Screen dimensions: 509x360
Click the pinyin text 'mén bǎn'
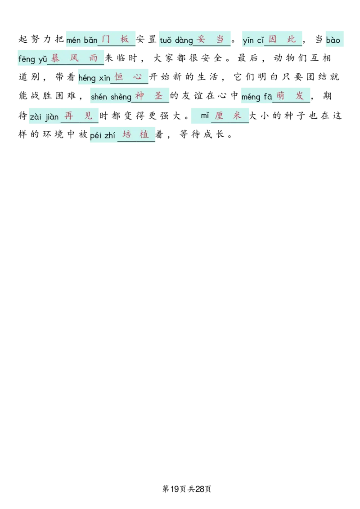(x=81, y=40)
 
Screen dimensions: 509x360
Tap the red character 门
(x=106, y=39)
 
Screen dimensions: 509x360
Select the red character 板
(x=125, y=39)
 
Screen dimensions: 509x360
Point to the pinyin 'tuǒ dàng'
(x=176, y=40)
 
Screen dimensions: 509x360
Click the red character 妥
(x=201, y=39)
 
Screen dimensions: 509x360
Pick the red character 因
(x=272, y=39)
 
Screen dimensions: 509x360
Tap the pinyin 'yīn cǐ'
(x=253, y=40)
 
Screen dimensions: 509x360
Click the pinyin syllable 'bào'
(x=333, y=40)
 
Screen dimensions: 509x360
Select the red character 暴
(x=55, y=58)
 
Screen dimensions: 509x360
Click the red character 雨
(x=94, y=58)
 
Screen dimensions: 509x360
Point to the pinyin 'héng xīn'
(x=94, y=78)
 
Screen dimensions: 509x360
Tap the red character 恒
(x=119, y=77)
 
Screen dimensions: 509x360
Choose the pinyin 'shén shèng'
(x=111, y=97)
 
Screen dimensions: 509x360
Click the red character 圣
(x=158, y=96)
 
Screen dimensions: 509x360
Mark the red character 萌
(x=280, y=96)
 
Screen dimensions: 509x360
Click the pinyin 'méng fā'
(x=256, y=97)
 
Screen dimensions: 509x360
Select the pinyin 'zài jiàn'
(x=44, y=117)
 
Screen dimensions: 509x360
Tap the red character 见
(x=89, y=116)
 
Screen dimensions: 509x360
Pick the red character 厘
(x=219, y=116)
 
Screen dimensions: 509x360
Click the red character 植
(x=144, y=134)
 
